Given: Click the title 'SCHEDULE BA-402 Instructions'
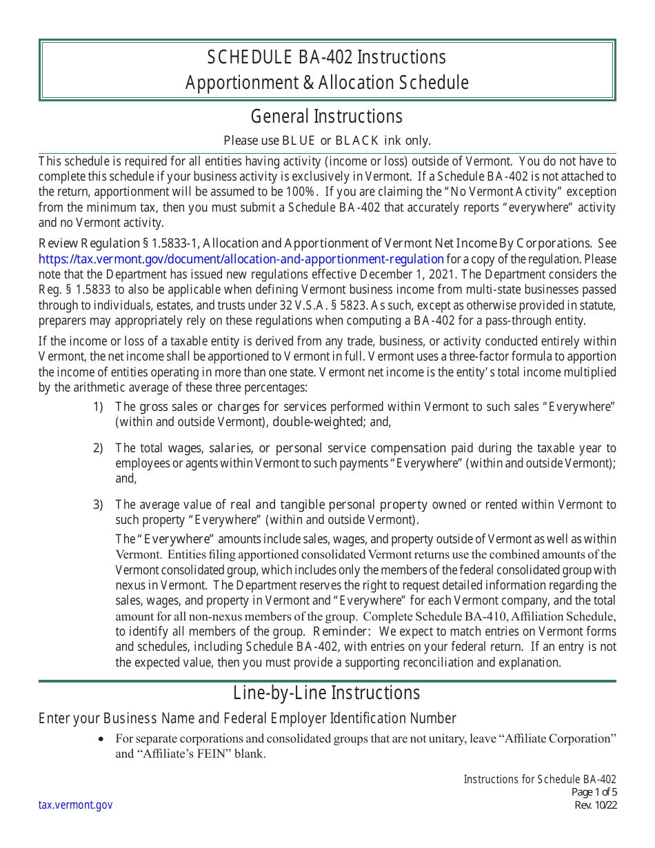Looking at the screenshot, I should pos(327,57).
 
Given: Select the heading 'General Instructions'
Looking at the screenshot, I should pos(327,116).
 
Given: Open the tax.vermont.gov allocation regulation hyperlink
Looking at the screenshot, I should pos(241,259).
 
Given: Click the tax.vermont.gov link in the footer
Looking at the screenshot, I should pos(75,805).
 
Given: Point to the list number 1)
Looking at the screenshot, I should pos(98,407).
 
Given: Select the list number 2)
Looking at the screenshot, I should pos(98,449).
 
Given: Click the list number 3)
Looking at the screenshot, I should pos(98,505).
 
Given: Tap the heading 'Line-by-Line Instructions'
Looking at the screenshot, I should pos(327,693).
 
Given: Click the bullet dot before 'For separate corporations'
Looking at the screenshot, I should pos(102,739).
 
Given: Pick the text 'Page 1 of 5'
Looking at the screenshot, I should pos(594,792).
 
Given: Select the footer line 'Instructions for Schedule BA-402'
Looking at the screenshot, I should pos(540,779).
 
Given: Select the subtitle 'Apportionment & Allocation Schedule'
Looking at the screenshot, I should pos(327,83).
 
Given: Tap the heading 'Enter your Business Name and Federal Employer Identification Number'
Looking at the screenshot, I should pos(247,718).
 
